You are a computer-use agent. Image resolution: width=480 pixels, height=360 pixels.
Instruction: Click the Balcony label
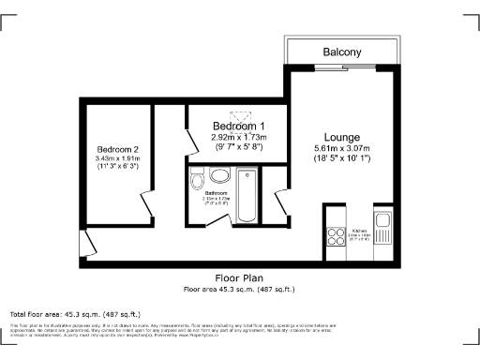point(343,52)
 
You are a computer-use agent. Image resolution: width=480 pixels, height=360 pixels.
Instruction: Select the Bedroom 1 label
point(238,127)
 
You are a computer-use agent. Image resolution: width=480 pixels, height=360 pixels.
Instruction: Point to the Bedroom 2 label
point(117,149)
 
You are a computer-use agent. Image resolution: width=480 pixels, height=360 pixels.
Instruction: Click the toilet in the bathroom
point(197,180)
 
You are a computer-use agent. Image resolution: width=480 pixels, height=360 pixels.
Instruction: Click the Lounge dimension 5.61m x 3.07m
point(342,148)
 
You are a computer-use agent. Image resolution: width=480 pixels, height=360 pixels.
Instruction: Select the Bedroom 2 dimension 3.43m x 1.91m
point(117,159)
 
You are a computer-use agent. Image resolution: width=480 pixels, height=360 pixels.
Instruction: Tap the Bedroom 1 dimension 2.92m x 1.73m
point(238,137)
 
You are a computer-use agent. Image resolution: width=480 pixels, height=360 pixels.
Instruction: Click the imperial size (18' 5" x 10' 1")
point(342,158)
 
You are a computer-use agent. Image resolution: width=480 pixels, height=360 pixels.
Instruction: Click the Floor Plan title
point(239,278)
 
